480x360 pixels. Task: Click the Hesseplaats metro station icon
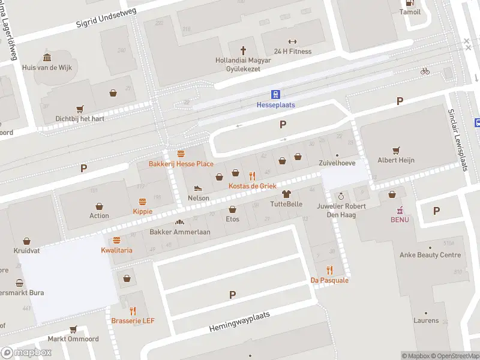click(x=275, y=94)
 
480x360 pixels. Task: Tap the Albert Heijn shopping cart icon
click(x=396, y=150)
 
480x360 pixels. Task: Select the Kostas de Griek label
click(x=252, y=186)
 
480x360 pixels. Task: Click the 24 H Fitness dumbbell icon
click(x=292, y=41)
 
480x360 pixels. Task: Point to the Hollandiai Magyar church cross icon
click(x=244, y=50)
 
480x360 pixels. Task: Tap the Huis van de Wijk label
click(x=47, y=67)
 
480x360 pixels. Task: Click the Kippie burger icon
click(x=143, y=202)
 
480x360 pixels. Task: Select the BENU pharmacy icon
click(x=399, y=210)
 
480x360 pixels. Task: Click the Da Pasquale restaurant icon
click(x=329, y=270)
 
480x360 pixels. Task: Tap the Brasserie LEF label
click(x=133, y=320)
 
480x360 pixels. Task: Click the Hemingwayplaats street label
click(x=240, y=322)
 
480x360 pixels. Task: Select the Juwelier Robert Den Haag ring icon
click(x=341, y=196)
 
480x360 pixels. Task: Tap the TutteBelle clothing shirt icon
click(x=286, y=194)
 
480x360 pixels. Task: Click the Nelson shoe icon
click(x=199, y=188)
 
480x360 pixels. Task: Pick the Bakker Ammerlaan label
click(x=179, y=232)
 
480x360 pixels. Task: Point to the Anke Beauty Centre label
click(x=430, y=255)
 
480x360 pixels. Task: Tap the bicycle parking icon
click(x=425, y=71)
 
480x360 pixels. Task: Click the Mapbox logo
click(x=26, y=353)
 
